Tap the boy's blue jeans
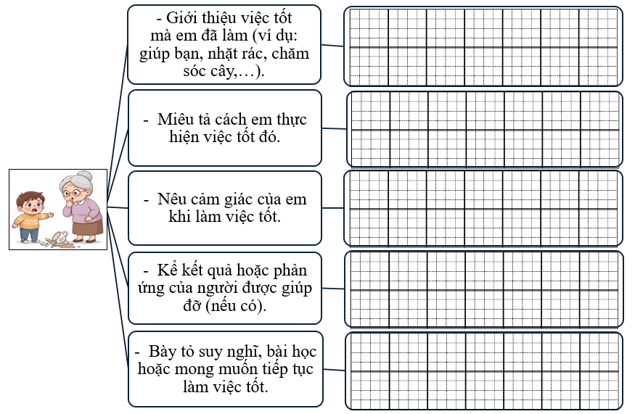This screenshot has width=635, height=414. click(29, 234)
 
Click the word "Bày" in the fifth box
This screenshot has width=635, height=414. click(164, 352)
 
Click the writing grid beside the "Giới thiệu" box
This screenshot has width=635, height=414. click(483, 46)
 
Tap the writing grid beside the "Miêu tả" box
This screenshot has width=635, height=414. click(484, 129)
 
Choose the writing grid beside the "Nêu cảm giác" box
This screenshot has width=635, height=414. click(483, 208)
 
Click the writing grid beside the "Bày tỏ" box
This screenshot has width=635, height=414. click(483, 370)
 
